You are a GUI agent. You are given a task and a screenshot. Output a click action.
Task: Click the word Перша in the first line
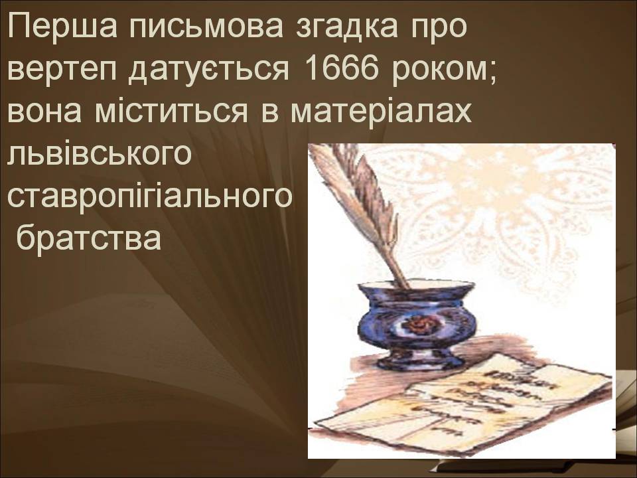[62, 27]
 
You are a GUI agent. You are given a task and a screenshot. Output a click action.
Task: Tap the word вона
[44, 111]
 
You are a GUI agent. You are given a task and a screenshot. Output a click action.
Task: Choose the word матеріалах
[382, 111]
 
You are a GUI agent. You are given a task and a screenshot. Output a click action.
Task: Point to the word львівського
[99, 153]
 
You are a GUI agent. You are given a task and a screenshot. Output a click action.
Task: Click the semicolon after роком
[492, 73]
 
